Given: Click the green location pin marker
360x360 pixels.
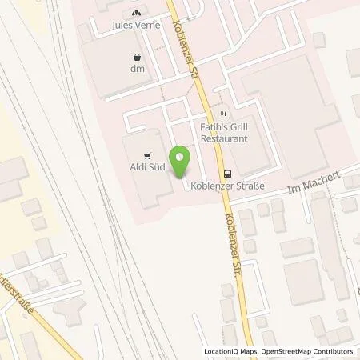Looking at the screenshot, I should pyautogui.click(x=182, y=159).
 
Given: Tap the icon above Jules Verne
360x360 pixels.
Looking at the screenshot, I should pyautogui.click(x=135, y=12).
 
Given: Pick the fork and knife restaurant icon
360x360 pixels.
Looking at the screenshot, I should pyautogui.click(x=225, y=114).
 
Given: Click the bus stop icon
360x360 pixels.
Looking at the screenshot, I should pyautogui.click(x=228, y=172).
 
